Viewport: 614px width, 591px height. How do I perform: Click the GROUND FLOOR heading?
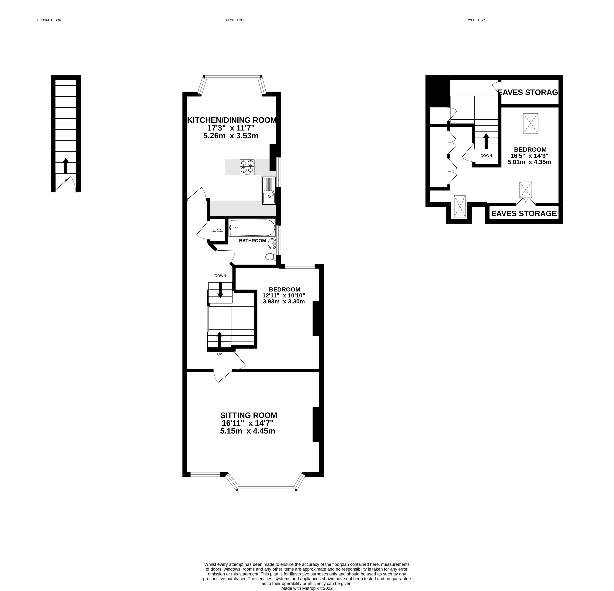pos(49,20)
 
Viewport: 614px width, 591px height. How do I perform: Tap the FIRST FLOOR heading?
pos(236,20)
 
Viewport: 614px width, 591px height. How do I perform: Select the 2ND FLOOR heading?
pos(476,20)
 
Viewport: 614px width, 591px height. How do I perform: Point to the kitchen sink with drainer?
pos(269,190)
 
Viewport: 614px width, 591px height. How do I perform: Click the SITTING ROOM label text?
pos(248,415)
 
